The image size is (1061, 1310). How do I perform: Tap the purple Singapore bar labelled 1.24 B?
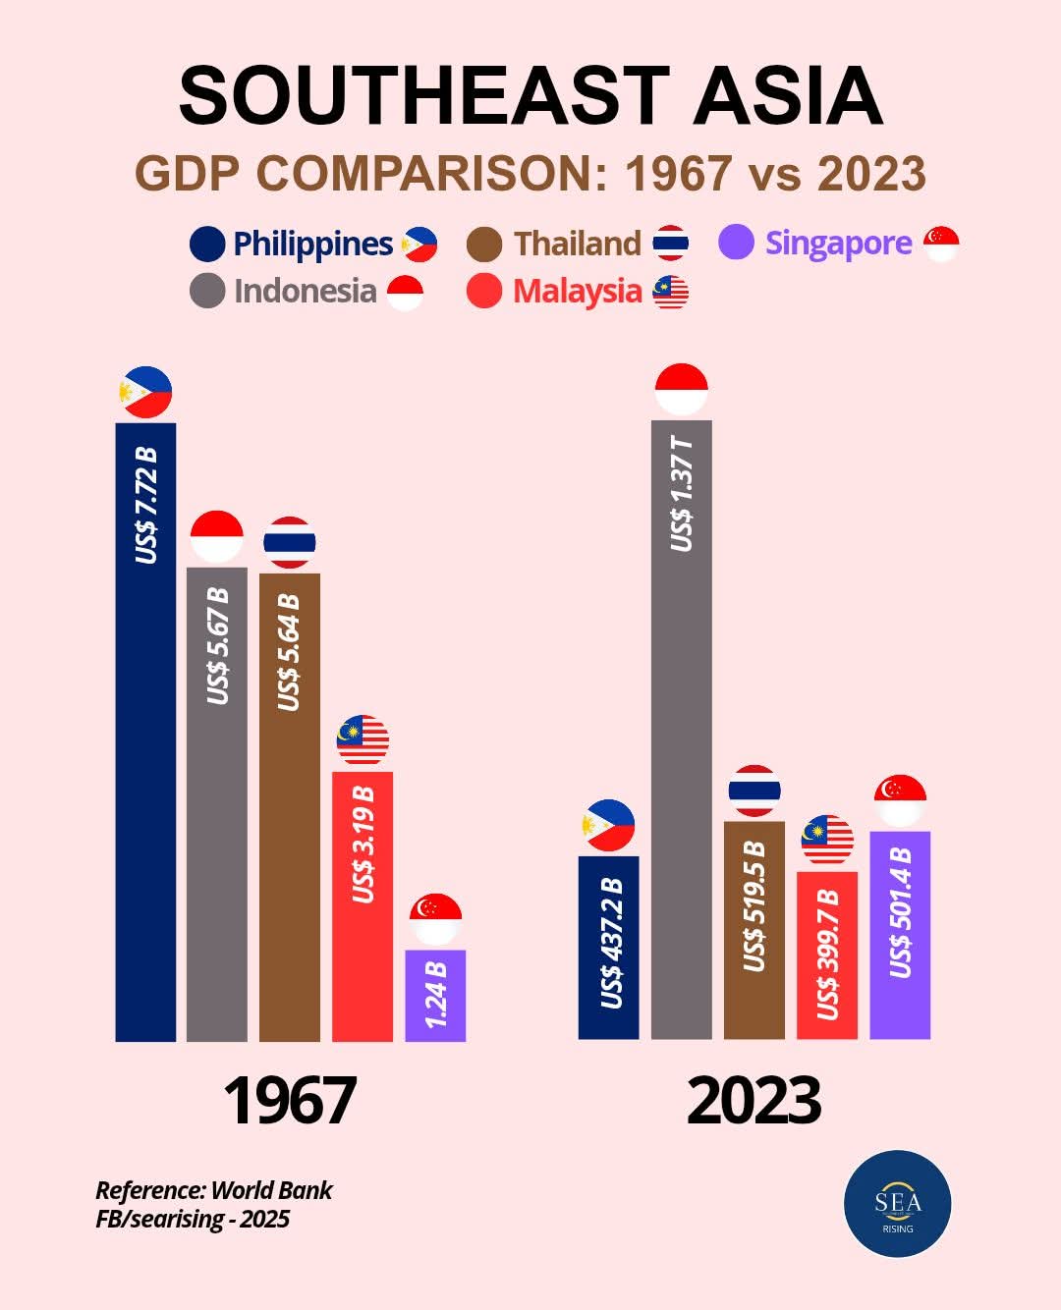click(x=435, y=995)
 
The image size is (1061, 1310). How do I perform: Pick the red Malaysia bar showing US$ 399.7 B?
click(x=827, y=955)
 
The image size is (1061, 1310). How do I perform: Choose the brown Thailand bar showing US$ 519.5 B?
click(x=754, y=929)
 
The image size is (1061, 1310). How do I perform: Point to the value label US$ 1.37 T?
click(x=682, y=494)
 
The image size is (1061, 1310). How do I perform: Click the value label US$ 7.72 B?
click(x=146, y=505)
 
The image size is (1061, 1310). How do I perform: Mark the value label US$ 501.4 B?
click(x=901, y=912)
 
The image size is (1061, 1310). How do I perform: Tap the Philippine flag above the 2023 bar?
click(x=608, y=825)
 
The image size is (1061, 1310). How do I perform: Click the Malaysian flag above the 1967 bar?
click(x=363, y=740)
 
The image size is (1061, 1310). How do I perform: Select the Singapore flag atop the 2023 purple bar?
click(x=900, y=799)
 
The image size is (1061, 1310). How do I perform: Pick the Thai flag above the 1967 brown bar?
click(x=290, y=542)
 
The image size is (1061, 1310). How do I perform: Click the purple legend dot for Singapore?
click(x=736, y=242)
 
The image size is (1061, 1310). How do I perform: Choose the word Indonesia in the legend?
click(x=305, y=292)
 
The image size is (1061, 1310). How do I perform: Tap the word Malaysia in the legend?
click(x=577, y=292)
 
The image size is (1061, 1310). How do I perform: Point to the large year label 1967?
click(x=290, y=1101)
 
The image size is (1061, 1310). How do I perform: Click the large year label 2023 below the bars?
click(x=754, y=1101)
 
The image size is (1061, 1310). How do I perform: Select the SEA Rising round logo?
click(x=898, y=1204)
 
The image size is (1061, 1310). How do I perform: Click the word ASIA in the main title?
click(x=787, y=96)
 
